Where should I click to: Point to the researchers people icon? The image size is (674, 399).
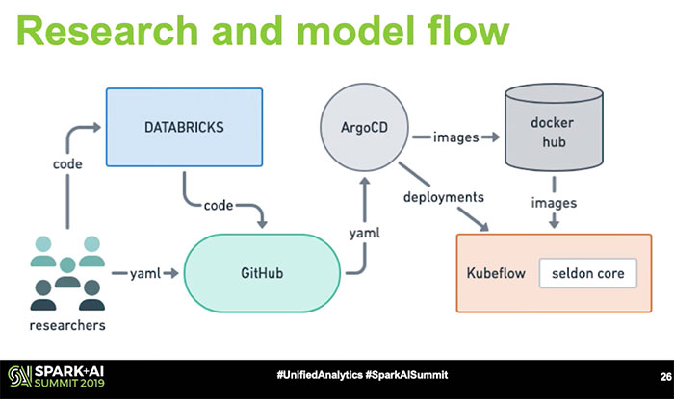coord(65,273)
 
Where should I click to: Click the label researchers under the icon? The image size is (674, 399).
coord(66,325)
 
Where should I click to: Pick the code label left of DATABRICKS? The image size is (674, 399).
coord(66,164)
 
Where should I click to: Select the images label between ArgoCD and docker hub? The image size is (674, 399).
coord(456,137)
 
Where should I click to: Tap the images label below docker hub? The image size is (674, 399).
coord(554,203)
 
